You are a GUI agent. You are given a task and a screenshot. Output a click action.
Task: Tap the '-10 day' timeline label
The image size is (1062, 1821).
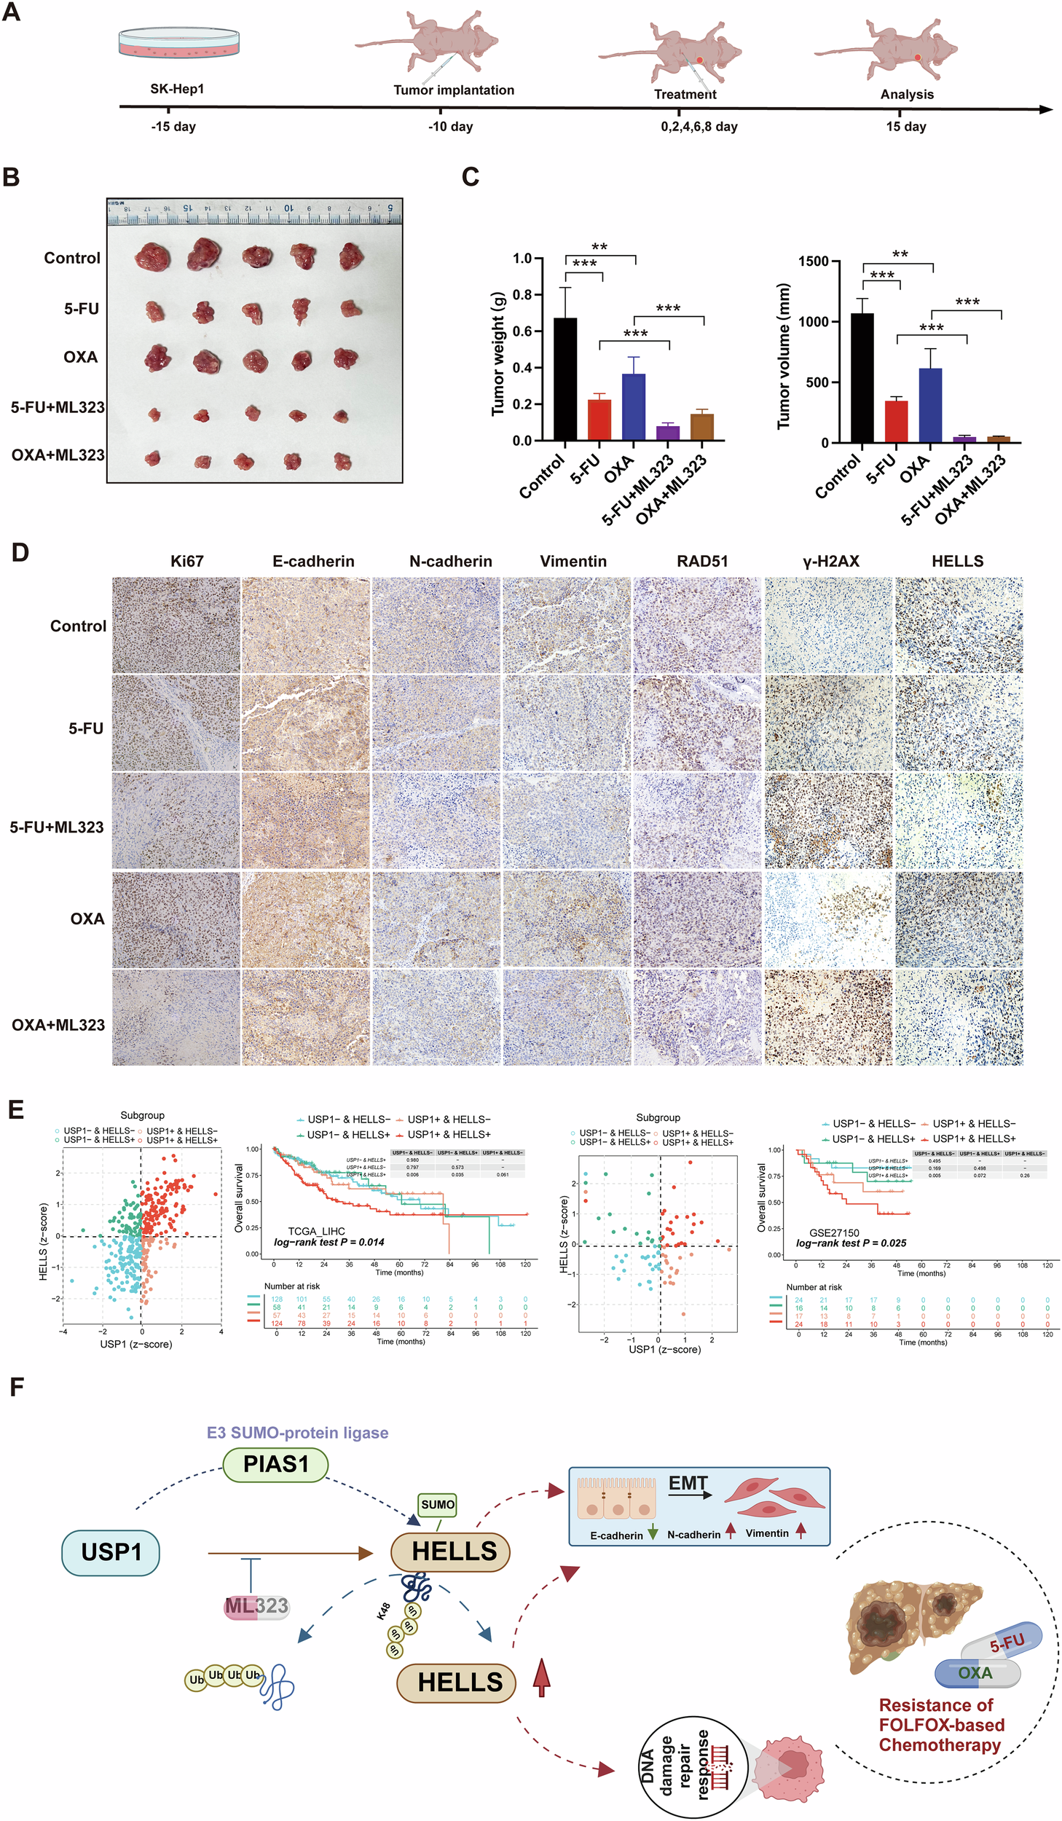(450, 127)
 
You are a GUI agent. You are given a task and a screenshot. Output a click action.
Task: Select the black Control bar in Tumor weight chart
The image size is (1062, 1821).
(565, 379)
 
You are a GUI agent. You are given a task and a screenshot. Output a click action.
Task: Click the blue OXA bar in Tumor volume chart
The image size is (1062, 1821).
(930, 405)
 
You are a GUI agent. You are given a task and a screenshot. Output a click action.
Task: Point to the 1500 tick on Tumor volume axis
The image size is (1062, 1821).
(813, 261)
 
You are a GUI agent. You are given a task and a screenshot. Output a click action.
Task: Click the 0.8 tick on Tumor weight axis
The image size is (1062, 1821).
(522, 295)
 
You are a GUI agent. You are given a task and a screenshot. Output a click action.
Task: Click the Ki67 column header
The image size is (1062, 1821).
(186, 562)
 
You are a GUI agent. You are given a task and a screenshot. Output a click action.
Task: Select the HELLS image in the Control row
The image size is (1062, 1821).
(958, 625)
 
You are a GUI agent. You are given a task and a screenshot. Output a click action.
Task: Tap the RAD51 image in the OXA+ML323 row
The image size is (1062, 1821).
(697, 1017)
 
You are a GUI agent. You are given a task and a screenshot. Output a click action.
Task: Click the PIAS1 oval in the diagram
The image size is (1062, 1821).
(275, 1464)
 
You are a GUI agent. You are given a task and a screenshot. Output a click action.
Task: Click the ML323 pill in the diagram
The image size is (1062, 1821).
(256, 1605)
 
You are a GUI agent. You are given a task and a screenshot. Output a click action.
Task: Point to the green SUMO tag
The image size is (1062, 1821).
(437, 1504)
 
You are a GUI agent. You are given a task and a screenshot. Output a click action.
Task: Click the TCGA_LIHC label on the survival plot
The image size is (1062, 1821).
(316, 1231)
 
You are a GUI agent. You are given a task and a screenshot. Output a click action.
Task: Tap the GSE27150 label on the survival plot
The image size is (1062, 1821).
(834, 1232)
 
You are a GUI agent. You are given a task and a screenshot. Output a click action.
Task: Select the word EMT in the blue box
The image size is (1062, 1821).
(688, 1483)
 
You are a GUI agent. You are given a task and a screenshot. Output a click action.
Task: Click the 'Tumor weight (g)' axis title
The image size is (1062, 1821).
(498, 353)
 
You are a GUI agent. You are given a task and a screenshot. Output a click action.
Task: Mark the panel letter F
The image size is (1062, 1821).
(17, 1387)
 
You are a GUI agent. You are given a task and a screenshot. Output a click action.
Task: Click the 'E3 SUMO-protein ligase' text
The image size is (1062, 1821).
(297, 1433)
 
